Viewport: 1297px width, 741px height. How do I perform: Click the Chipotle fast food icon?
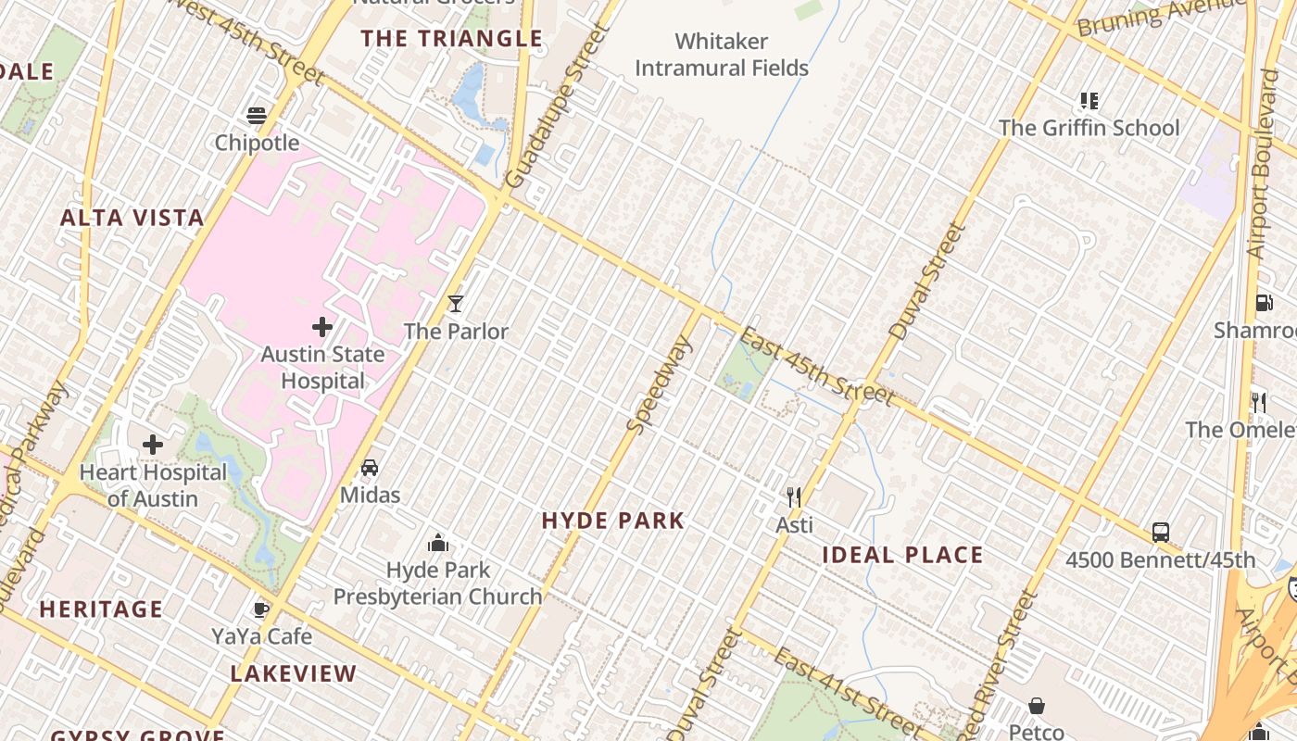(257, 116)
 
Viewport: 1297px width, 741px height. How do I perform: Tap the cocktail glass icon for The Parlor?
(455, 303)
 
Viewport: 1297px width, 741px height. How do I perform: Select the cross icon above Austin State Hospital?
(322, 327)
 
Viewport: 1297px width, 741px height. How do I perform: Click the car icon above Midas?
(370, 468)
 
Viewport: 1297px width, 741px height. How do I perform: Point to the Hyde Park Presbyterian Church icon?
(438, 543)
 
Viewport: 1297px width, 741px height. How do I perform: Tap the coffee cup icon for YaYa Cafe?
(261, 609)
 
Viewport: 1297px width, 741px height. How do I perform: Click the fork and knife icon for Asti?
(793, 497)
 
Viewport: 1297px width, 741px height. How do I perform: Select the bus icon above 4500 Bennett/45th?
(1160, 533)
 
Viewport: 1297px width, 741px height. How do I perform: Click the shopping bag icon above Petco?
(1036, 707)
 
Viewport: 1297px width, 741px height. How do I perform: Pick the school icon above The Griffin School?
(1089, 100)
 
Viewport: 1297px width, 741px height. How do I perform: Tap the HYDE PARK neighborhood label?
(613, 521)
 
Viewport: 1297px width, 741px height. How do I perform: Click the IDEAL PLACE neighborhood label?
(902, 556)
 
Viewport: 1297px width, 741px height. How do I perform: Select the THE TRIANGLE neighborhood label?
(451, 39)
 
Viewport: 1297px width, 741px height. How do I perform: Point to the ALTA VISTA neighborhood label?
(132, 218)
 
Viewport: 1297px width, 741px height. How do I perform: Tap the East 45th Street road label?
(817, 368)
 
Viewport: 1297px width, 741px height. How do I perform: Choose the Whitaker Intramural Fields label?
(722, 55)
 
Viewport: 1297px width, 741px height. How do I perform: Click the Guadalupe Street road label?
(560, 107)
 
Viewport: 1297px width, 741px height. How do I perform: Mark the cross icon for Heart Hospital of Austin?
(153, 445)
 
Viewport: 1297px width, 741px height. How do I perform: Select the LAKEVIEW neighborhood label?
(293, 673)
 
